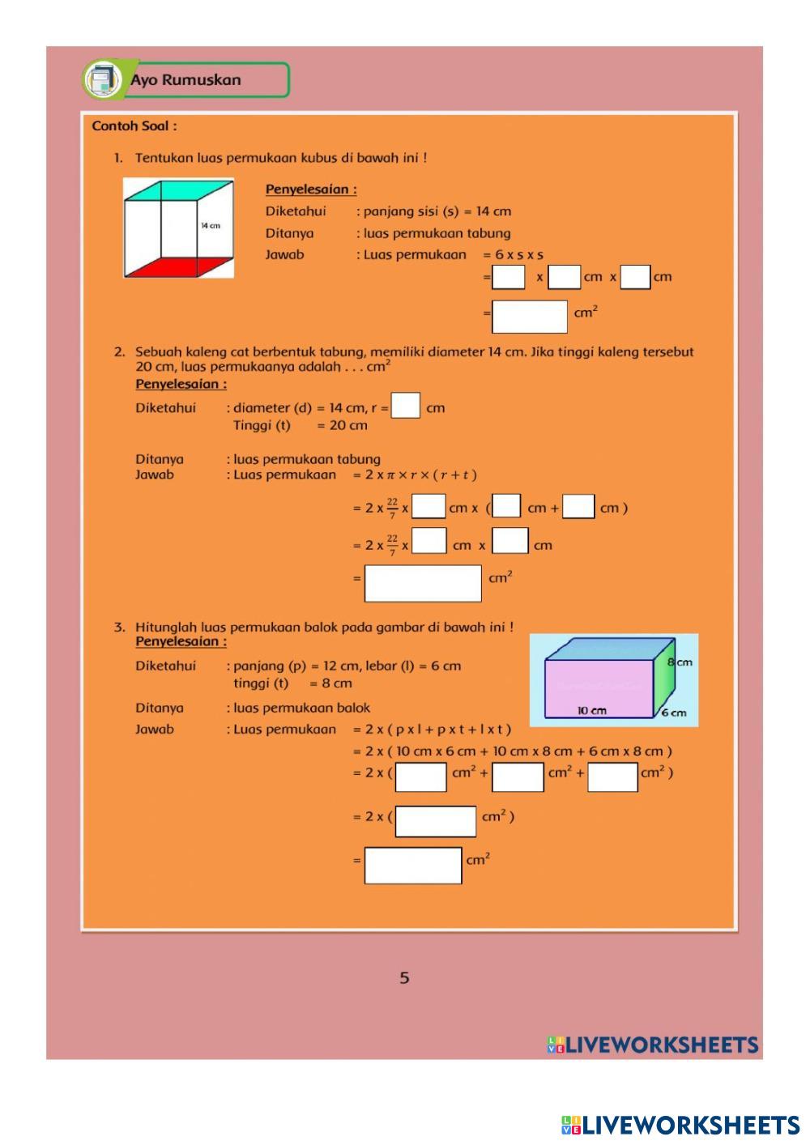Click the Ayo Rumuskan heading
(185, 80)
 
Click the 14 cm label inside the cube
(211, 226)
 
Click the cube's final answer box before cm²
(529, 316)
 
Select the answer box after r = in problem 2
(406, 406)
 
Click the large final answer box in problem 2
(423, 583)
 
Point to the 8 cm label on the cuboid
(680, 662)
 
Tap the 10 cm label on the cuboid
(591, 711)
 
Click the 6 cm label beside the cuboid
(673, 713)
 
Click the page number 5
(404, 978)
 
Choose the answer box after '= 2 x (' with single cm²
(436, 820)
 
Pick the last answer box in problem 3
(413, 865)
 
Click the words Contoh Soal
(134, 126)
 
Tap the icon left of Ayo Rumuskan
(102, 79)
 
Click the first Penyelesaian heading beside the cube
(311, 189)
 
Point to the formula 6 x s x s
(514, 254)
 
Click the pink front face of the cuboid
(598, 687)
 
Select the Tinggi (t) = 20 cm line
(300, 425)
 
